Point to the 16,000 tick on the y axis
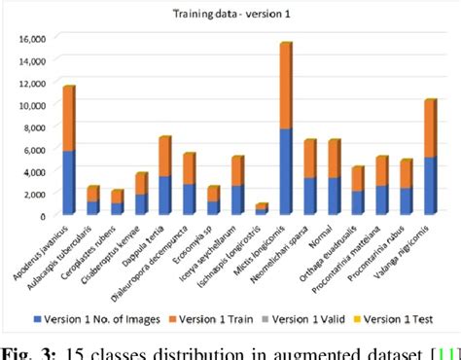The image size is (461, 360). (32, 39)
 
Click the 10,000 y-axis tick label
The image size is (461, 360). (32, 105)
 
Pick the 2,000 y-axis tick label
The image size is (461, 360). (35, 193)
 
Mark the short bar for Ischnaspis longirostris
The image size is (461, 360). (261, 208)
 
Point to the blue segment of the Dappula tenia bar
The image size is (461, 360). (164, 196)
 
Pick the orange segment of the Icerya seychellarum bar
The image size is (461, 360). (236, 171)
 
